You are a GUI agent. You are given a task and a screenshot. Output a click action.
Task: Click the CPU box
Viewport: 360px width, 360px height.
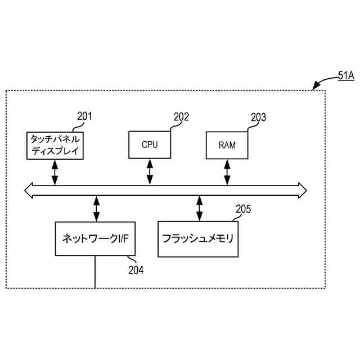pos(150,145)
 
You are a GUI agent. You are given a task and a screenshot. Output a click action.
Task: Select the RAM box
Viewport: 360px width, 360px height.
pos(227,145)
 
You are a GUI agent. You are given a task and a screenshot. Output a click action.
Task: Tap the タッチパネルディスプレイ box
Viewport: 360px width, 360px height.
pos(55,145)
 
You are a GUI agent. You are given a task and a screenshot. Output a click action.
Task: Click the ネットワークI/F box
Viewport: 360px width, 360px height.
pos(95,238)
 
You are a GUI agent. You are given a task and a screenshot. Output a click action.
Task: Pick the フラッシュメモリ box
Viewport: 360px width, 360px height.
pos(198,238)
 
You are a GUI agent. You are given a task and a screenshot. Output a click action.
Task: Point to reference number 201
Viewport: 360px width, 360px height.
pos(84,116)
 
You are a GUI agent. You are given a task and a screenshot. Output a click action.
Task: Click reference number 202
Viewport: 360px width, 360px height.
pos(181,117)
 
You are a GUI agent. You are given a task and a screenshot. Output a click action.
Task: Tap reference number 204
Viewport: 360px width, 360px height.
pos(136,270)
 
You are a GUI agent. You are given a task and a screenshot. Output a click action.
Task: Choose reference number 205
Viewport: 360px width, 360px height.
pos(243,209)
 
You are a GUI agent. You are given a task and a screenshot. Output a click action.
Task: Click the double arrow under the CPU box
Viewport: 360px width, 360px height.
pos(150,172)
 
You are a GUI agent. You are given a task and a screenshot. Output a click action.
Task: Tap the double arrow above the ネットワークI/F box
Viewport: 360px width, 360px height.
pos(96,208)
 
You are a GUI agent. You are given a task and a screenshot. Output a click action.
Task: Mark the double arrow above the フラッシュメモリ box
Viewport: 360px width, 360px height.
pos(199,208)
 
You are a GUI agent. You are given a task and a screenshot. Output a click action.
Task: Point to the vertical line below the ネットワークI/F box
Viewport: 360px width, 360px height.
pos(95,272)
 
